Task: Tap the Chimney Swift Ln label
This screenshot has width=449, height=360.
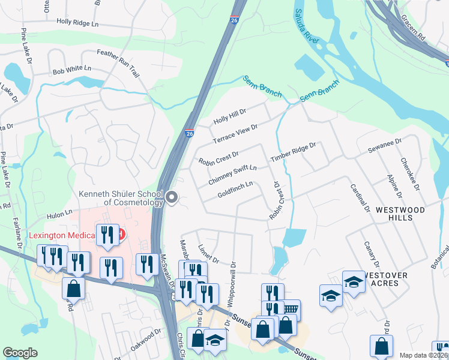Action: [232, 175]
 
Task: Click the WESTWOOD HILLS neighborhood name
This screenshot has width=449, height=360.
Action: [400, 214]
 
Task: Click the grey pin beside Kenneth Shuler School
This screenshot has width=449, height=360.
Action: [172, 197]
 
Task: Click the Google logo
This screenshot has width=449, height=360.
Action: [20, 353]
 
